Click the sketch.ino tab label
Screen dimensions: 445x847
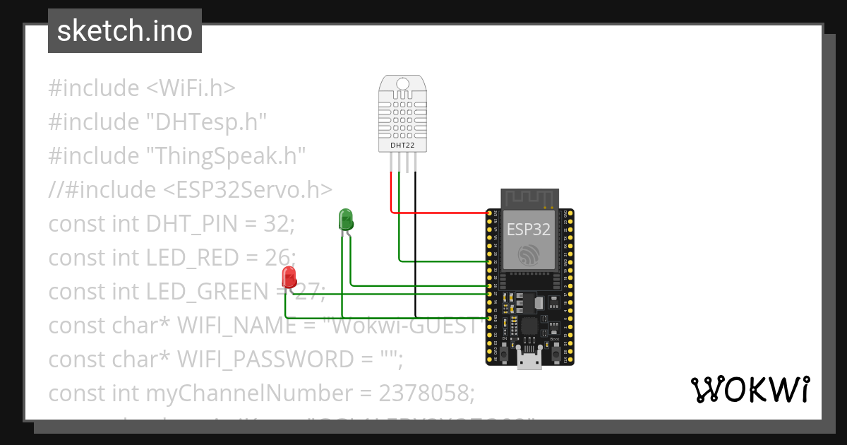tap(125, 31)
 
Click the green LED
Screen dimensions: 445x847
tap(346, 219)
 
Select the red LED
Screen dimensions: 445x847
tap(288, 277)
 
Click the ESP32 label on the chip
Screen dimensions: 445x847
tap(529, 229)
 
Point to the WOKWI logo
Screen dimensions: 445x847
tap(750, 389)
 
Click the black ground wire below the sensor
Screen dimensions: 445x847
tap(415, 247)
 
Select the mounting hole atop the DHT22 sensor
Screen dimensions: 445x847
tap(402, 83)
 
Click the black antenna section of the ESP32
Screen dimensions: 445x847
tap(529, 198)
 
